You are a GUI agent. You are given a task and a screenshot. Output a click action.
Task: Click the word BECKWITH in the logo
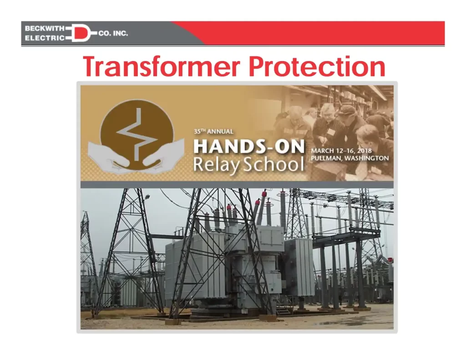click(x=44, y=29)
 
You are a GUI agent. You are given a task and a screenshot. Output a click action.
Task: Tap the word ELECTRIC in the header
click(x=44, y=38)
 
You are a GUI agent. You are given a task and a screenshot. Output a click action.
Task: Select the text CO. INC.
click(x=113, y=33)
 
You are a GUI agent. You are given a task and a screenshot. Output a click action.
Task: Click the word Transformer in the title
click(x=162, y=66)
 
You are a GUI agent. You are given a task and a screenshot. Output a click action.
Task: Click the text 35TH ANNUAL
click(x=213, y=132)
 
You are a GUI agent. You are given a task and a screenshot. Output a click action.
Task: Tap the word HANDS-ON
click(x=249, y=146)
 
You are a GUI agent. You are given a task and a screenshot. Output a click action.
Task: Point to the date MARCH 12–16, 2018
click(x=341, y=151)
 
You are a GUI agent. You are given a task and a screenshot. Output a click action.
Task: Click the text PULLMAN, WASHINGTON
click(x=350, y=158)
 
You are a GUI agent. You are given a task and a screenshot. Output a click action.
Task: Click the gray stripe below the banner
click(x=237, y=185)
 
